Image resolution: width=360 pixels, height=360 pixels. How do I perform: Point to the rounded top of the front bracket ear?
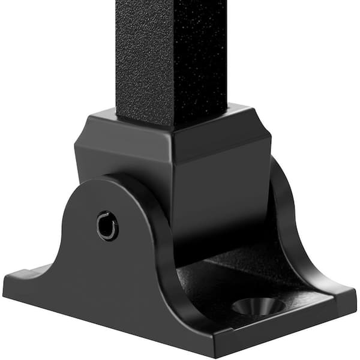click(x=108, y=183)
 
